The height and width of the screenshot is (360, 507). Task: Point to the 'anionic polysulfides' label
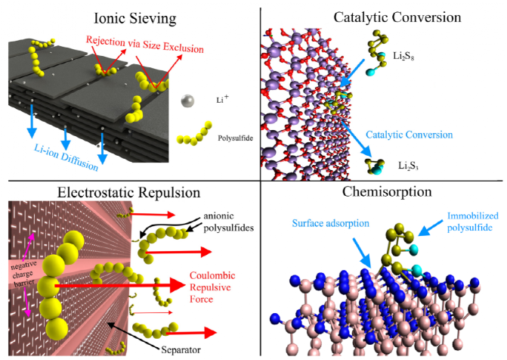tap(223, 221)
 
